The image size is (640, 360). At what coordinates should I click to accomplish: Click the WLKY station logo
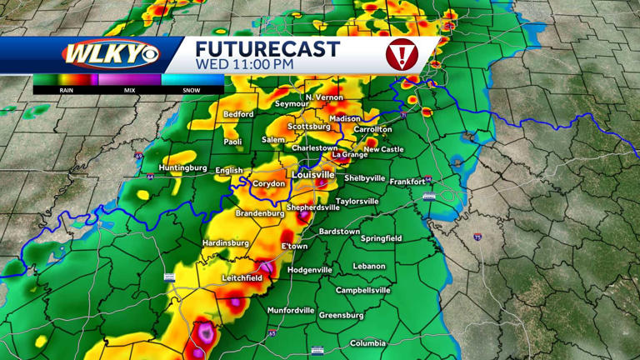109,54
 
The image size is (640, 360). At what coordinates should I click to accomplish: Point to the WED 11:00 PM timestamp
244,63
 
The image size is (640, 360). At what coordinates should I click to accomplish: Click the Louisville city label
312,175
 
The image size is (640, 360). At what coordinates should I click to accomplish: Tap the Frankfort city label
407,181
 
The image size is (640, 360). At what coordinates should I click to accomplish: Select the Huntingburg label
182,167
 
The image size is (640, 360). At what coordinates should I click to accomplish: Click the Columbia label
367,343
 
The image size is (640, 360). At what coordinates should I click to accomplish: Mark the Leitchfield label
242,277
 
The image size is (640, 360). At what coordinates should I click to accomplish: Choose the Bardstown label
339,231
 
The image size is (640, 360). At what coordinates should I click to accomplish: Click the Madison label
345,119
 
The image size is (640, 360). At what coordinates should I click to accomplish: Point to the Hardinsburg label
226,243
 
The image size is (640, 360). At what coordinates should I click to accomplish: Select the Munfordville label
291,310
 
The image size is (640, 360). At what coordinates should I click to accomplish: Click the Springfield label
381,238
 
